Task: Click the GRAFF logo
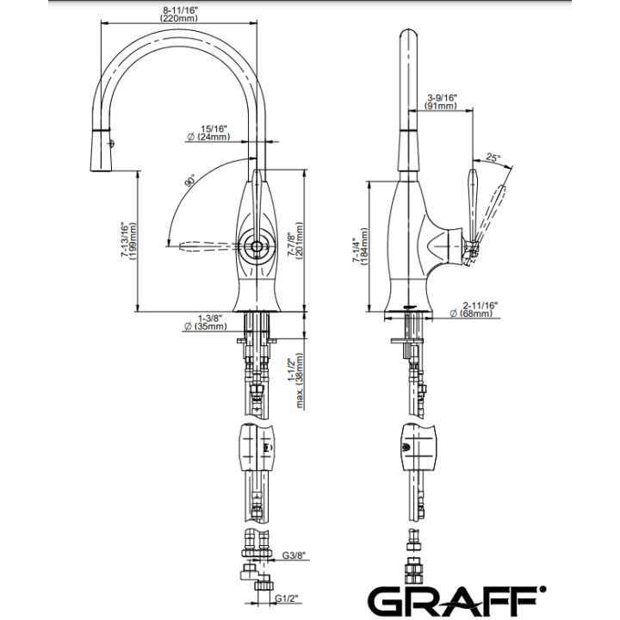point(457,601)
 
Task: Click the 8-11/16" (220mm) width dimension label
point(180,15)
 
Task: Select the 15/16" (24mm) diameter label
point(208,133)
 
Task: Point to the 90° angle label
point(190,180)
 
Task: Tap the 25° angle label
point(493,158)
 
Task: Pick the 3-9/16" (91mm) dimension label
point(441,102)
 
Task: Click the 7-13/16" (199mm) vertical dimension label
point(128,240)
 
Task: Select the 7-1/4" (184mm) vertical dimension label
point(360,246)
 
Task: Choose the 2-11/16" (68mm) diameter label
point(474,310)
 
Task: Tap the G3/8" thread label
point(294,555)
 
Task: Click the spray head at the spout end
point(101,151)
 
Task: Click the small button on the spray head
point(111,144)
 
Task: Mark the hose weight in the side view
point(419,447)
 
